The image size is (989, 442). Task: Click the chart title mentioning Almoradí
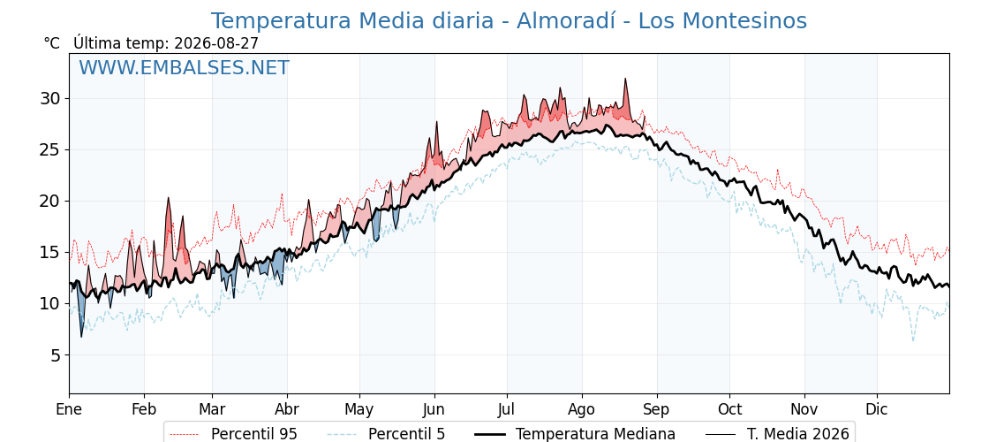click(509, 21)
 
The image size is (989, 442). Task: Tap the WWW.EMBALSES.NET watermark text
click(185, 67)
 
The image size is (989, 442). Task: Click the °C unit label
click(52, 43)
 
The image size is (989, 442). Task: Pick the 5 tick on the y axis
click(54, 355)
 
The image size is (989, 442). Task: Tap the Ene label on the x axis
click(69, 410)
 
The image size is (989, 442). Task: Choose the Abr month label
click(287, 410)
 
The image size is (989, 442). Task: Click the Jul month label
click(507, 410)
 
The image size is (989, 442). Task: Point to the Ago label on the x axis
click(582, 411)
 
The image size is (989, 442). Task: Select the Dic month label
click(877, 410)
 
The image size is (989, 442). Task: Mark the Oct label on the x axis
click(729, 410)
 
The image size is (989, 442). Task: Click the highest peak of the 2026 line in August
click(625, 79)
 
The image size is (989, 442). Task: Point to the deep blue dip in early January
click(80, 336)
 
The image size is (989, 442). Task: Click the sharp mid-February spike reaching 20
click(169, 198)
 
